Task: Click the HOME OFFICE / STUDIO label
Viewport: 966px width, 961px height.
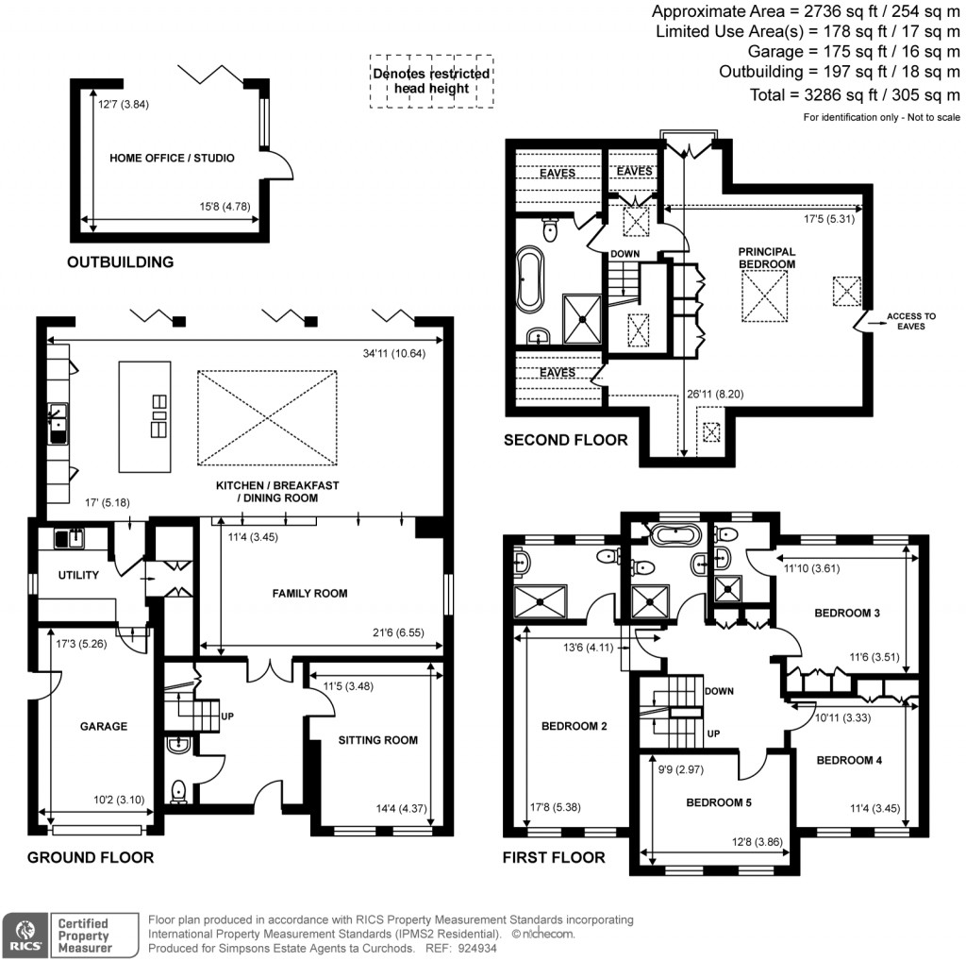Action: point(172,158)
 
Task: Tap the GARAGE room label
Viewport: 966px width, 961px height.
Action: point(104,726)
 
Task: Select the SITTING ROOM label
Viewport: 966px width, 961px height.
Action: point(377,740)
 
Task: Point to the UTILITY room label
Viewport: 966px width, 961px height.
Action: point(78,575)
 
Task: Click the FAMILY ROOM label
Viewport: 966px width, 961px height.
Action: point(309,593)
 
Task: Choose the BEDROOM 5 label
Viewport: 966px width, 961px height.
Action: point(718,802)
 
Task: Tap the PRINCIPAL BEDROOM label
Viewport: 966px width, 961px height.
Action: point(766,258)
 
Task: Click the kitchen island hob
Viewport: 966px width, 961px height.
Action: point(158,416)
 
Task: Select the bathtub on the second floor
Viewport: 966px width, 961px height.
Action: point(530,278)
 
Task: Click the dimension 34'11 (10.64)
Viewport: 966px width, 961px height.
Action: point(393,353)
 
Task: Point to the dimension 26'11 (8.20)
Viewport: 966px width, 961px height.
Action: point(715,394)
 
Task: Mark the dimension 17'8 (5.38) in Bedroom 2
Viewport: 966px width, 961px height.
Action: point(555,807)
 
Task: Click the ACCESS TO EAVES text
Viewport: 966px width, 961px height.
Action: point(910,321)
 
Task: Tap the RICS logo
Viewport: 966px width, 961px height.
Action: point(25,936)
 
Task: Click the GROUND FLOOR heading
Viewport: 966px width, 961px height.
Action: point(91,857)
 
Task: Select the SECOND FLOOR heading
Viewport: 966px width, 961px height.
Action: point(566,440)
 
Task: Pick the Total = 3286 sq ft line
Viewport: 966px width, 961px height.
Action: point(855,95)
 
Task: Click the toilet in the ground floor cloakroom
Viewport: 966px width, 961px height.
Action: point(178,791)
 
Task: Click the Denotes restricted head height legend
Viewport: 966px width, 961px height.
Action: point(431,81)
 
